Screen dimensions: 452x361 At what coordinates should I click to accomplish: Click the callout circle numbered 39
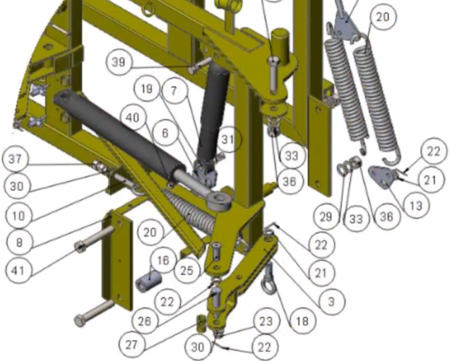tap(119, 62)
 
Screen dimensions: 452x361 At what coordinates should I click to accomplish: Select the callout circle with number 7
tap(174, 91)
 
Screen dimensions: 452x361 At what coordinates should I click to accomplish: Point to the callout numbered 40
tap(133, 118)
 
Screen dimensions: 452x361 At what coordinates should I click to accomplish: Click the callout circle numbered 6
tap(165, 133)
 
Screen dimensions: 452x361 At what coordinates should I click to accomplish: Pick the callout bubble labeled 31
tap(227, 140)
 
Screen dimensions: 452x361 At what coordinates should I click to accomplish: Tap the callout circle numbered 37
tap(16, 159)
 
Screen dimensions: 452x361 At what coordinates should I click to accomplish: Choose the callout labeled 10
tap(19, 216)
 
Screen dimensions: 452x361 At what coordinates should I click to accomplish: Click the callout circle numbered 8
tap(19, 243)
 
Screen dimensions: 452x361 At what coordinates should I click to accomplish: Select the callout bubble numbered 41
tap(18, 271)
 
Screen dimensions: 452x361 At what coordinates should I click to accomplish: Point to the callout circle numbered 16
tap(163, 260)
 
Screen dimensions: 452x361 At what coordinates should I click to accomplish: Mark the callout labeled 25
tap(187, 271)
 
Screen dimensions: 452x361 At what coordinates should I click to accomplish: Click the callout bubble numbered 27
tap(131, 345)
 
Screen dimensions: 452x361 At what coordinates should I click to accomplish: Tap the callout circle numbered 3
tap(331, 302)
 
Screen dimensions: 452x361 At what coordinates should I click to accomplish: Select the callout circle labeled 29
tap(326, 216)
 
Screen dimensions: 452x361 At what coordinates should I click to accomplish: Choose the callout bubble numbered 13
tap(416, 206)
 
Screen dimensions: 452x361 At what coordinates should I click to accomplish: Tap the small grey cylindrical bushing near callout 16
tap(148, 281)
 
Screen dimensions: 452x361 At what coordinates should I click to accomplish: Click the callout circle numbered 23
tap(266, 321)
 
